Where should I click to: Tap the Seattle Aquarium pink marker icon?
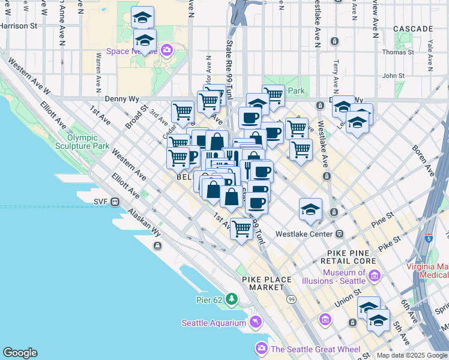[256, 323]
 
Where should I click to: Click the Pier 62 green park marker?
[231, 299]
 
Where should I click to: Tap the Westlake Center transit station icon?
[340, 234]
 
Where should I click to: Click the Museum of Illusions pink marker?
[375, 277]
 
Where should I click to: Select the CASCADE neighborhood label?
[413, 29]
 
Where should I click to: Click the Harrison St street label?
[18, 26]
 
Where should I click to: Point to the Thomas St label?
[398, 52]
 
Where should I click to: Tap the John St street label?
[394, 76]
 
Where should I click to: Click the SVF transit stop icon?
[114, 202]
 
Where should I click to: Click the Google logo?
[20, 353]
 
